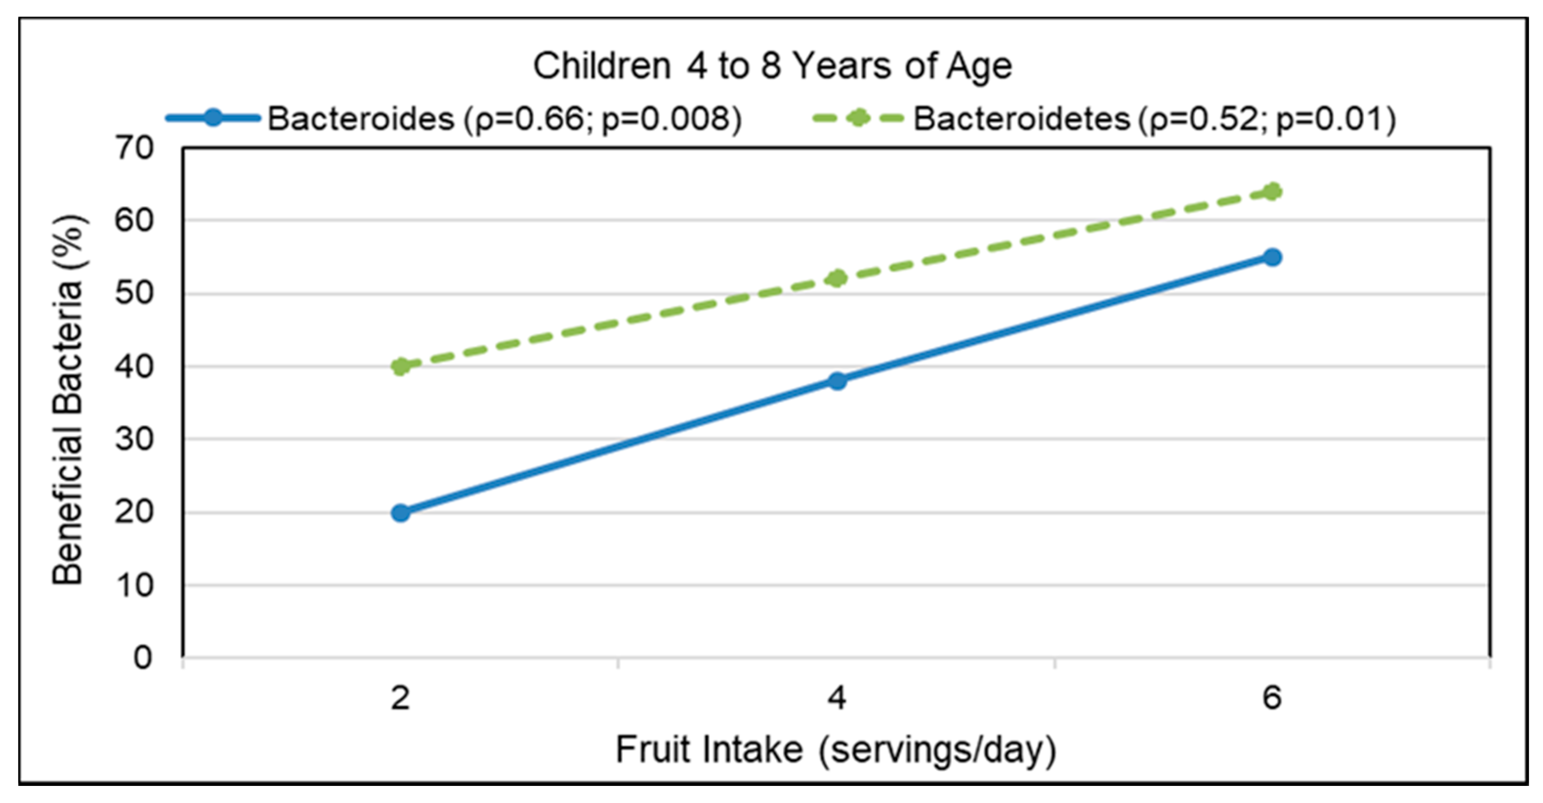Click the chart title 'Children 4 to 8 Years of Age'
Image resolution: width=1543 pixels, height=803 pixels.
click(x=772, y=66)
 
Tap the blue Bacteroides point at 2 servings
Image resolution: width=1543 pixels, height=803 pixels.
click(x=401, y=513)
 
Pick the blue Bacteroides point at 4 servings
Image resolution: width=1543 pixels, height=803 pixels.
click(x=837, y=380)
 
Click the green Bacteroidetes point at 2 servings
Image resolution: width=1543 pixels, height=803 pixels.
click(x=401, y=366)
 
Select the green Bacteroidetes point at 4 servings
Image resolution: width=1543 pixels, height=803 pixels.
click(x=837, y=278)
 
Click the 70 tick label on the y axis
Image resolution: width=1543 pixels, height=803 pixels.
click(x=135, y=148)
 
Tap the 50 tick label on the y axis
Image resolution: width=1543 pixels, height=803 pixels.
click(x=135, y=294)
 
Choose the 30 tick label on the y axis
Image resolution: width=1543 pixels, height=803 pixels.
click(x=135, y=439)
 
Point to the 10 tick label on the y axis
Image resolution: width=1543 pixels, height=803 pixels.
click(x=135, y=586)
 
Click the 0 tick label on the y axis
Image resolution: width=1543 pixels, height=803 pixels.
click(x=143, y=658)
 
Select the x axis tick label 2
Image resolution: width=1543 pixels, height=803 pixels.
click(x=401, y=698)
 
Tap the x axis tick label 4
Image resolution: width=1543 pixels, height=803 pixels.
click(x=837, y=698)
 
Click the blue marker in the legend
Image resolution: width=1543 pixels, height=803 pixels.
click(x=213, y=117)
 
